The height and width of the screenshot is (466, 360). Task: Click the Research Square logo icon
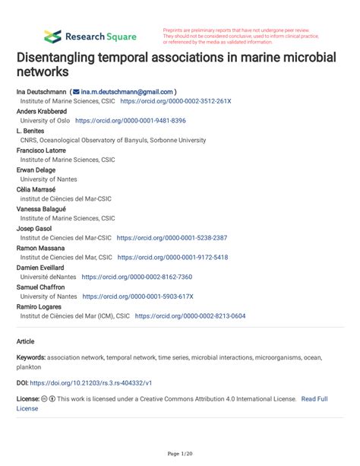52,35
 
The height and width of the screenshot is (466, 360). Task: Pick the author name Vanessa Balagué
46,208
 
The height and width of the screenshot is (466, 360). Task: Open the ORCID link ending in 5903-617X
138,296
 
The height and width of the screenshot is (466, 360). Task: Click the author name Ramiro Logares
43,306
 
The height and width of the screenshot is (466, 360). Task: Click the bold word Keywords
31,357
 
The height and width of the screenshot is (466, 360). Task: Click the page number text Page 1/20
180,454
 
